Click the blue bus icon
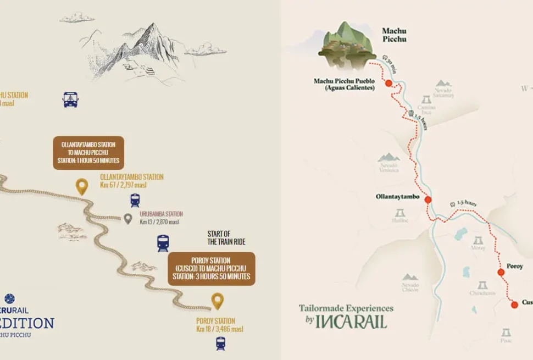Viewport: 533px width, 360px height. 70,100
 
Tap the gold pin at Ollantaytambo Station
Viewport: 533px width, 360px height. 82,187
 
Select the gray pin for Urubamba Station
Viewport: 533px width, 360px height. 128,219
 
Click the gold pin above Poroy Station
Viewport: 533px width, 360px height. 218,301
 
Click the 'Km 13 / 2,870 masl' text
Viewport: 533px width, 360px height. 160,222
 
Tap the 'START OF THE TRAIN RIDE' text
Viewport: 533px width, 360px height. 226,237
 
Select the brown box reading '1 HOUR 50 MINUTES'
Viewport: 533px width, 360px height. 88,153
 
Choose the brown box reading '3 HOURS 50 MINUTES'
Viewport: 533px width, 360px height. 212,268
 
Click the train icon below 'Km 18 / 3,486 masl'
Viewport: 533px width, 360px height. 220,344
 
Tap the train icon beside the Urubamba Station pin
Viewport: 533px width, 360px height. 135,201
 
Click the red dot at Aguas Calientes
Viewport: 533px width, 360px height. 388,84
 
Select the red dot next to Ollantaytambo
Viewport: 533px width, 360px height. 428,200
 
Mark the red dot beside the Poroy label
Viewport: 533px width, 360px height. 501,272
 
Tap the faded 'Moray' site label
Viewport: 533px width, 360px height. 478,248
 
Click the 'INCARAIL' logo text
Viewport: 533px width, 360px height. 352,321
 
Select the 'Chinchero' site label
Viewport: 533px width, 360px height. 482,293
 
